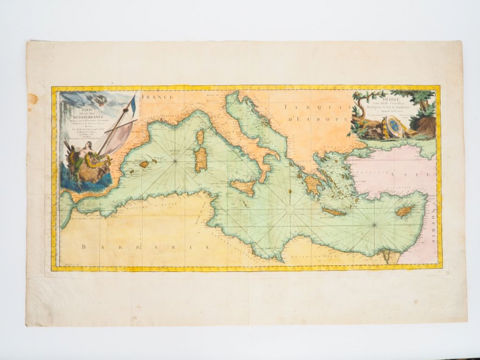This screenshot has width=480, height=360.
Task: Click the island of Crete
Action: (335, 212)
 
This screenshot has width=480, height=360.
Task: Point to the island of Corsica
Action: (199, 139)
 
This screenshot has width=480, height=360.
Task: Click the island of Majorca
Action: (143, 163)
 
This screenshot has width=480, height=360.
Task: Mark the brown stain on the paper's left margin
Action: (33, 99)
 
